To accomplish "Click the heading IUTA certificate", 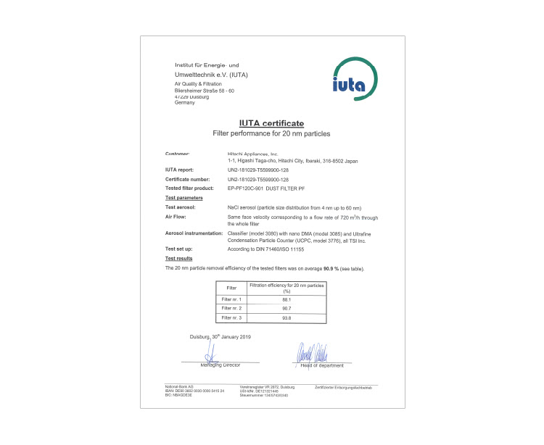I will (x=271, y=123).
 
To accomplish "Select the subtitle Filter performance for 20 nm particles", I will (x=271, y=134).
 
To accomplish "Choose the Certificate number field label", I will (x=188, y=178).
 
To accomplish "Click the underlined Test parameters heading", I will (x=184, y=197).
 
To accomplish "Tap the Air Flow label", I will (x=177, y=216).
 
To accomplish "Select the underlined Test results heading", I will (x=180, y=259).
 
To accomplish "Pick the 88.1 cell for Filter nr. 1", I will (x=287, y=299).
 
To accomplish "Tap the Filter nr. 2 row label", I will (x=232, y=309).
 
